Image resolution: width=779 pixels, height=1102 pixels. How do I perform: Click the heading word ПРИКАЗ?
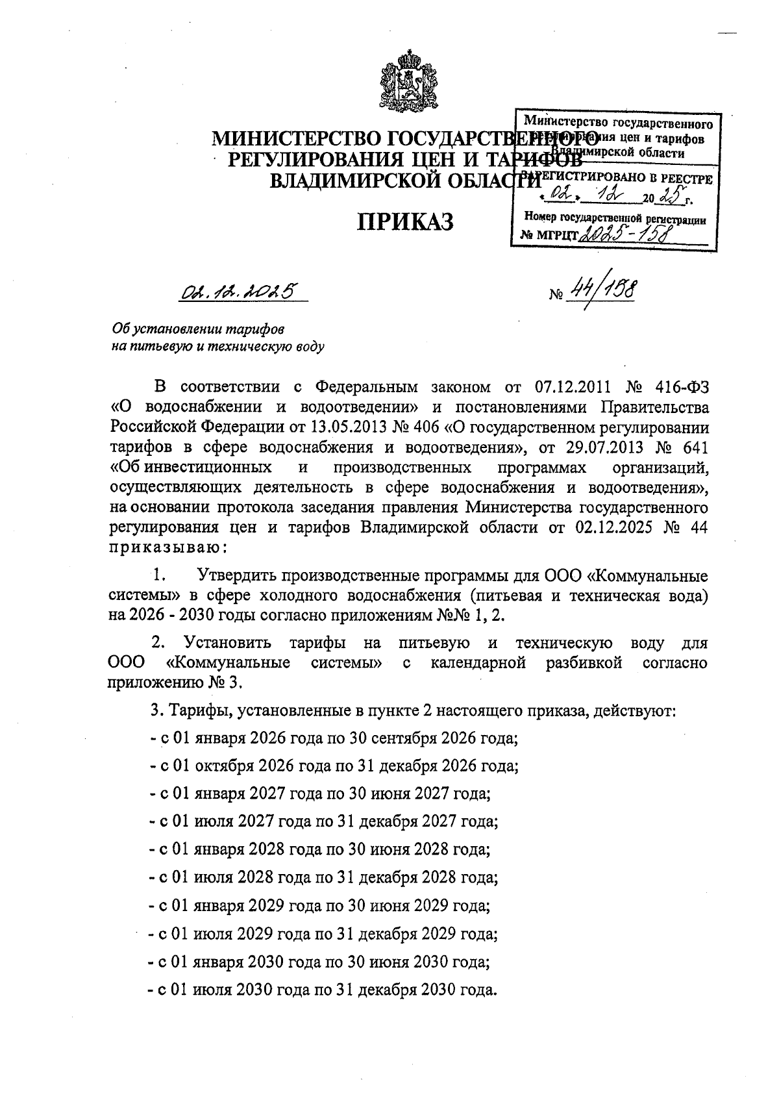pyautogui.click(x=406, y=221)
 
